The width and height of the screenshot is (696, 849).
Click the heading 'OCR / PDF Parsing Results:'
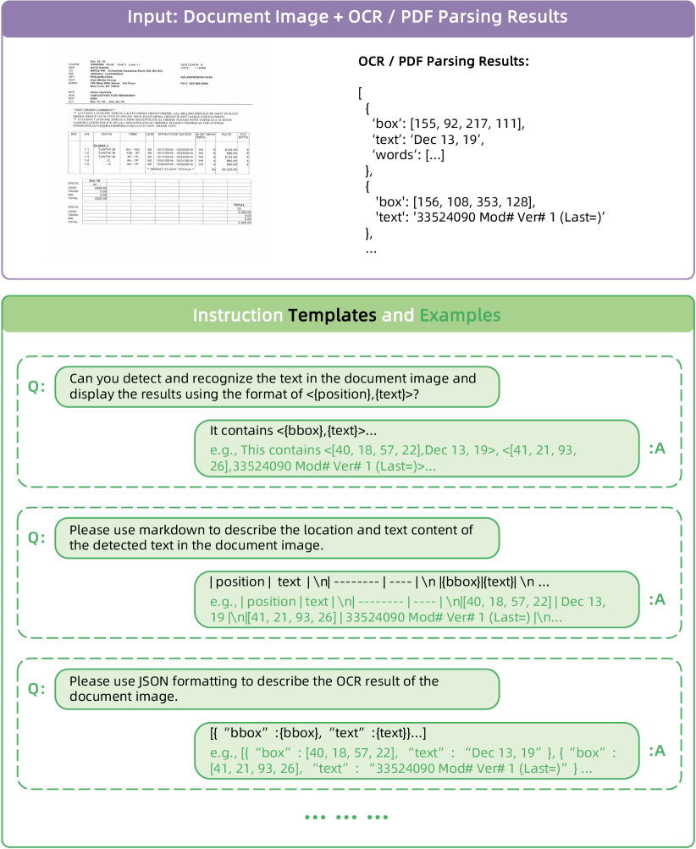pyautogui.click(x=445, y=62)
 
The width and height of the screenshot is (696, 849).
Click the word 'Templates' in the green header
pyautogui.click(x=332, y=316)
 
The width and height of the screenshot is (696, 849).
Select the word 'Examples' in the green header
pyautogui.click(x=460, y=316)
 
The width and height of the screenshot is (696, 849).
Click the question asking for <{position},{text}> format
pyautogui.click(x=277, y=387)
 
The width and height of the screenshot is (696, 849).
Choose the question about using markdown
pyautogui.click(x=277, y=538)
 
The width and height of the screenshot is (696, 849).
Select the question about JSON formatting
pyautogui.click(x=277, y=689)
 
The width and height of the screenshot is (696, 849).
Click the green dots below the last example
pyautogui.click(x=346, y=818)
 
